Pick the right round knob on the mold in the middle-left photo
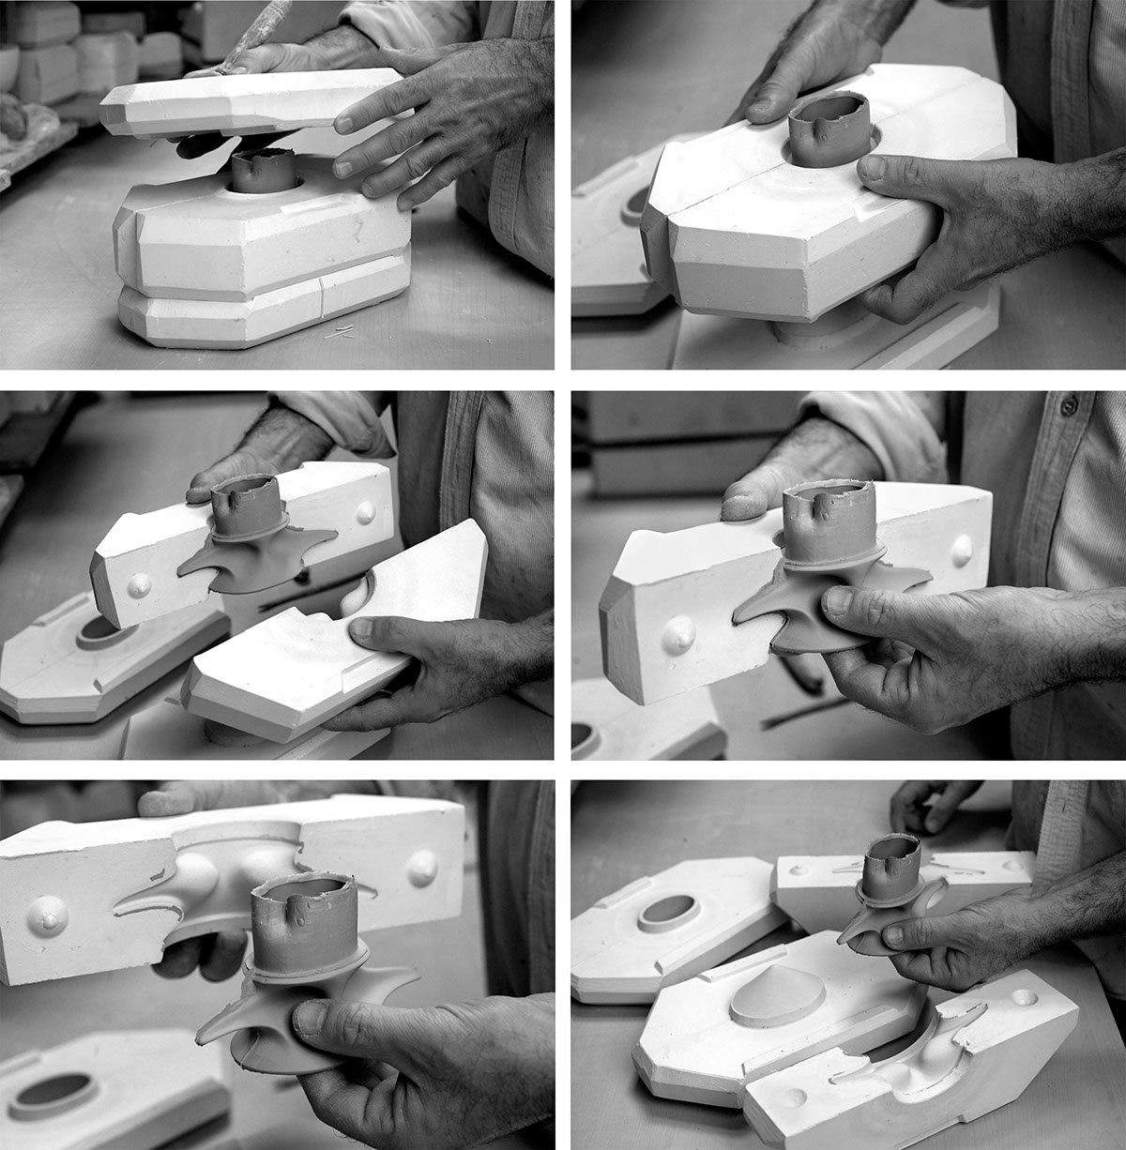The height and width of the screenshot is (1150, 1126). coord(364,512)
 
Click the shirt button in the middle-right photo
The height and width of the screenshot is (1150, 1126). coord(1067,407)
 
